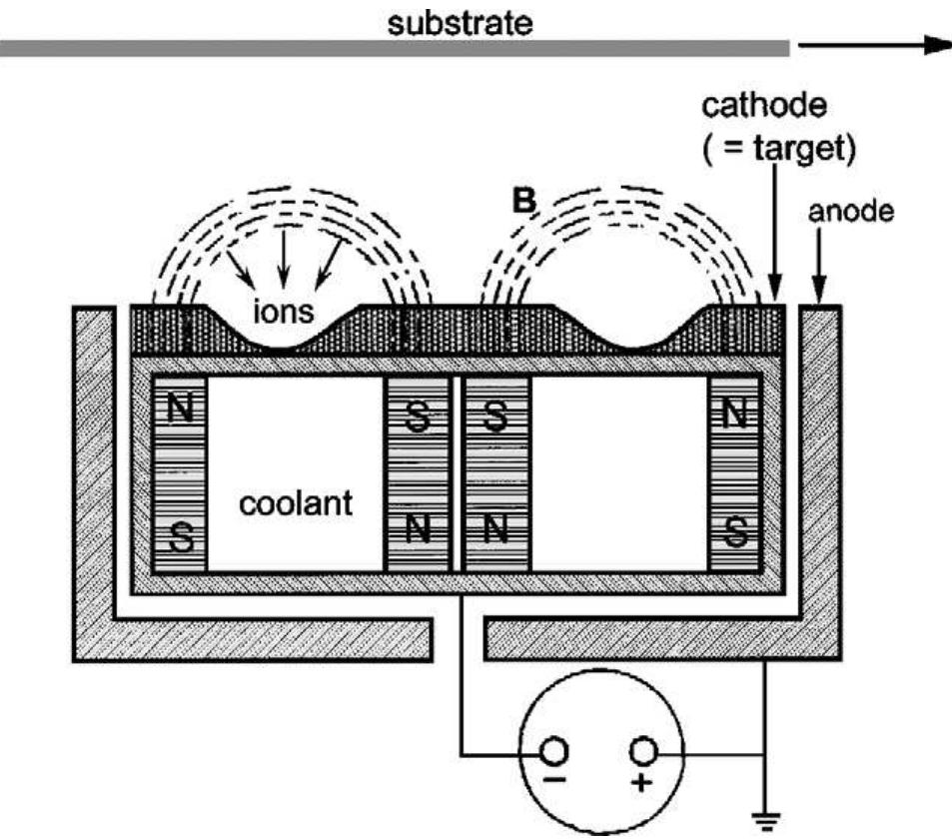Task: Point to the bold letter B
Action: [x=524, y=204]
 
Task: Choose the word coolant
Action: [x=296, y=502]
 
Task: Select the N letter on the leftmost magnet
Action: [x=180, y=411]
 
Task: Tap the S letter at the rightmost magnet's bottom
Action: [x=734, y=536]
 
